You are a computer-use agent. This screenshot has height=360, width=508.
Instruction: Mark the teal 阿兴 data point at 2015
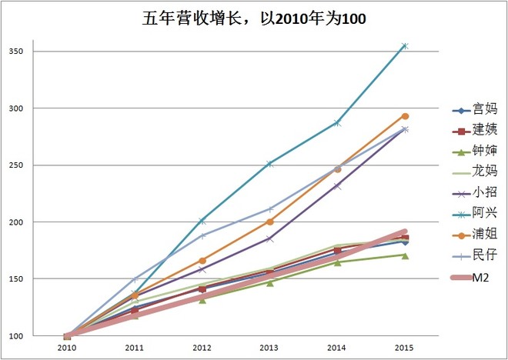pos(405,46)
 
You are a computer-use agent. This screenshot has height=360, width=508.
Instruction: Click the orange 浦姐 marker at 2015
pos(405,116)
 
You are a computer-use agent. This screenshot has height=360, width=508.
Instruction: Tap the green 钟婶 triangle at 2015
pos(405,255)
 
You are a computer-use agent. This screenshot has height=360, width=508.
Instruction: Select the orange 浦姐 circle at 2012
pos(202,261)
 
